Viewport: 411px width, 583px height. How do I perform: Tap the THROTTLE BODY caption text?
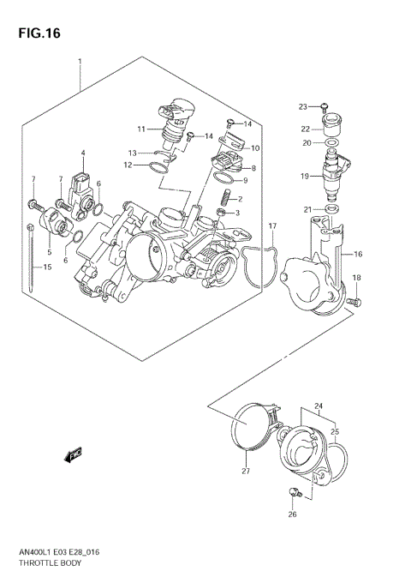(50, 565)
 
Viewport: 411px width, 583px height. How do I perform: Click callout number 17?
(271, 226)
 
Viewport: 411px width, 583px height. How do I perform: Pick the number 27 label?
(246, 472)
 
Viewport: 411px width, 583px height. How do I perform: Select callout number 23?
(302, 106)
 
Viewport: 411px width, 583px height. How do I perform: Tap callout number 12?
(128, 165)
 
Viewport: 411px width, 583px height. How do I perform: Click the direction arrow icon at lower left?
(73, 457)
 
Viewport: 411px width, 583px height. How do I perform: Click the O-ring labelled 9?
(222, 180)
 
